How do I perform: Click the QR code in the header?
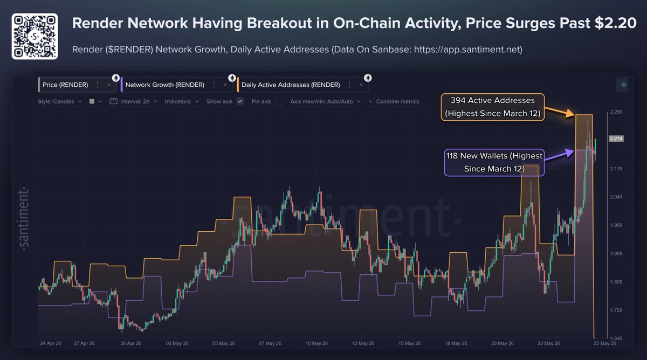pyautogui.click(x=35, y=36)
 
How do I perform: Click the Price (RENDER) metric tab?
pyautogui.click(x=65, y=85)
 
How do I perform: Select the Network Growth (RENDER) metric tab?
pyautogui.click(x=164, y=85)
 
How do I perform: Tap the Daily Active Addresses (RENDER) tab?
pyautogui.click(x=291, y=85)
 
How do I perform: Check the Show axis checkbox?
pyautogui.click(x=240, y=101)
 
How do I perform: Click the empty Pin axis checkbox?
pyautogui.click(x=279, y=101)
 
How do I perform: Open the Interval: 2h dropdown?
pyautogui.click(x=134, y=101)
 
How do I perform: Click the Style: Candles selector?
pyautogui.click(x=60, y=101)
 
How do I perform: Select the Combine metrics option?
pyautogui.click(x=394, y=101)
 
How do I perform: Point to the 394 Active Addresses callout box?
pyautogui.click(x=493, y=107)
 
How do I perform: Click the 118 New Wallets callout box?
pyautogui.click(x=494, y=162)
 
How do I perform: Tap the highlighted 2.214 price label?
pyautogui.click(x=616, y=139)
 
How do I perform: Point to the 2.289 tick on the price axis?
pyautogui.click(x=616, y=112)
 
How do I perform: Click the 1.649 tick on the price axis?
pyautogui.click(x=616, y=338)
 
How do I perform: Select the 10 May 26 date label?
pyautogui.click(x=316, y=343)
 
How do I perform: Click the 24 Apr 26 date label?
pyautogui.click(x=51, y=343)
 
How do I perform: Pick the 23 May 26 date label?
pyautogui.click(x=549, y=343)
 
